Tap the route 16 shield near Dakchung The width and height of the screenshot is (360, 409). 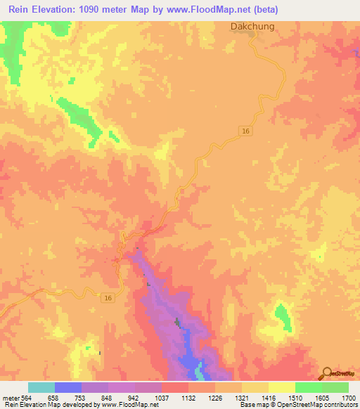coord(245,131)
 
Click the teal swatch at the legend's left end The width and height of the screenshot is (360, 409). coord(41,387)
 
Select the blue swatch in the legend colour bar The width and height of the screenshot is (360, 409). coord(68,387)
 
